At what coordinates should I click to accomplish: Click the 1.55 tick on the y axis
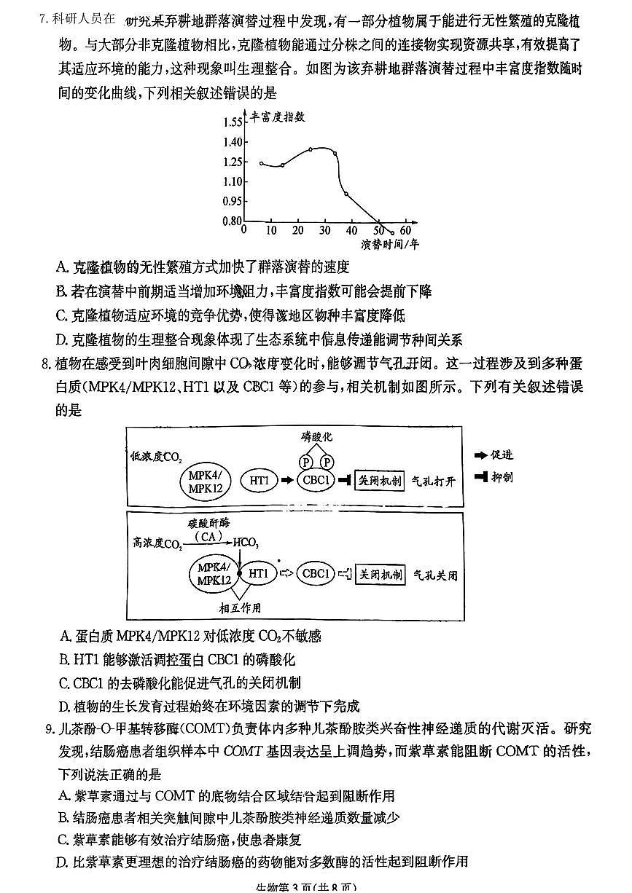click(233, 122)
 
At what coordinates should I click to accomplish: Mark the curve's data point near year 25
click(311, 149)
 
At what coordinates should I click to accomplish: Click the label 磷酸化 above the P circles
click(316, 436)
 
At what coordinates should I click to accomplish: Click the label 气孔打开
click(434, 481)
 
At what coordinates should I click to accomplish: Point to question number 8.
click(44, 364)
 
